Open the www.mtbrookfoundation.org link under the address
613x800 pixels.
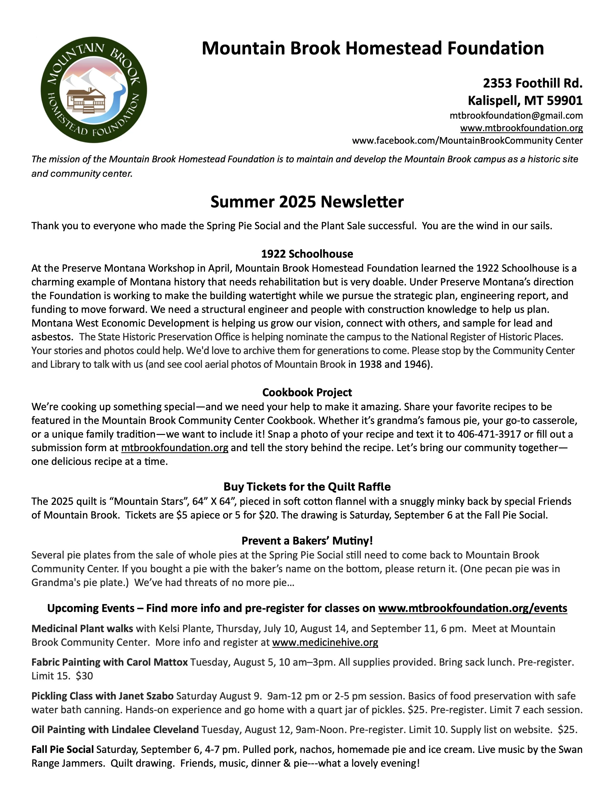point(521,128)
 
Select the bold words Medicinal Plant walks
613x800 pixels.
point(82,629)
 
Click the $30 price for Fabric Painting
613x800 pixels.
point(84,676)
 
